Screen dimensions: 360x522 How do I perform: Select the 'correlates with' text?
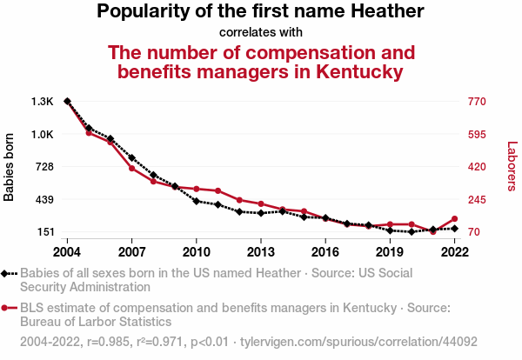click(261, 32)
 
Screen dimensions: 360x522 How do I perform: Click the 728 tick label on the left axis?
click(43, 167)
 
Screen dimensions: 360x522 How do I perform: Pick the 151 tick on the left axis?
click(43, 232)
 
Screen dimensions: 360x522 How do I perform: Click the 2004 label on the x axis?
click(67, 251)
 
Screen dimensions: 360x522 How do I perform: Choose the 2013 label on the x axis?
click(261, 251)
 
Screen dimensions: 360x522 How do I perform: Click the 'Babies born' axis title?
click(10, 167)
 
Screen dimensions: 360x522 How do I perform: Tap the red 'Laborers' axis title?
click(512, 167)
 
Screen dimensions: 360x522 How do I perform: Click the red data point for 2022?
click(454, 219)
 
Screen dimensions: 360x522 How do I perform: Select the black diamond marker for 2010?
click(197, 201)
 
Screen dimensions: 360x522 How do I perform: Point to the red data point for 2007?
click(131, 168)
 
